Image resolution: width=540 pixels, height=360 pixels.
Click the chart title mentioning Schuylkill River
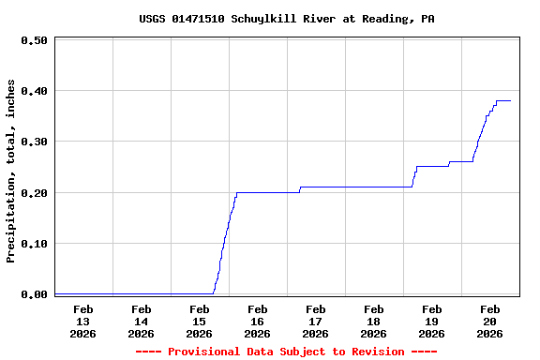(x=286, y=19)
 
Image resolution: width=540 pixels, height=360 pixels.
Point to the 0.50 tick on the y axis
(x=35, y=40)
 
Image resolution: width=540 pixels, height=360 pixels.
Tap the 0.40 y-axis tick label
(x=35, y=91)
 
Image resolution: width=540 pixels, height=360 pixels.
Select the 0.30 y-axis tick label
(x=35, y=142)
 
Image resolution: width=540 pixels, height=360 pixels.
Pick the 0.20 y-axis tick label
(x=35, y=192)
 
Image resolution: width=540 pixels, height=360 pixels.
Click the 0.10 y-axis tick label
(x=35, y=243)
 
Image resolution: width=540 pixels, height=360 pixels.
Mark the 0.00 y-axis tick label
(x=35, y=294)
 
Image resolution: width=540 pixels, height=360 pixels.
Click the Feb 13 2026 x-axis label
(x=83, y=321)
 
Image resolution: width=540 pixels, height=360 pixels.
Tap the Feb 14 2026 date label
(x=142, y=321)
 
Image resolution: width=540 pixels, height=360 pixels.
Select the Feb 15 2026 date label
(x=200, y=321)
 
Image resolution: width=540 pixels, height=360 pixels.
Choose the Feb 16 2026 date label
(x=258, y=321)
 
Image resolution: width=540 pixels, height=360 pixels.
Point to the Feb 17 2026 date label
(x=316, y=321)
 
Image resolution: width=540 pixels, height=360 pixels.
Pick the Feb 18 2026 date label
(x=374, y=321)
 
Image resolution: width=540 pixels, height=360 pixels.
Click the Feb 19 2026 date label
(x=432, y=321)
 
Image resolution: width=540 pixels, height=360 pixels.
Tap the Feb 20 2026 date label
(x=490, y=321)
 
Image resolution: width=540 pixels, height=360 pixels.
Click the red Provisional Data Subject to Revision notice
(x=286, y=352)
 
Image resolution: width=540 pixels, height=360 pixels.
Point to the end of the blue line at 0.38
(x=510, y=100)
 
